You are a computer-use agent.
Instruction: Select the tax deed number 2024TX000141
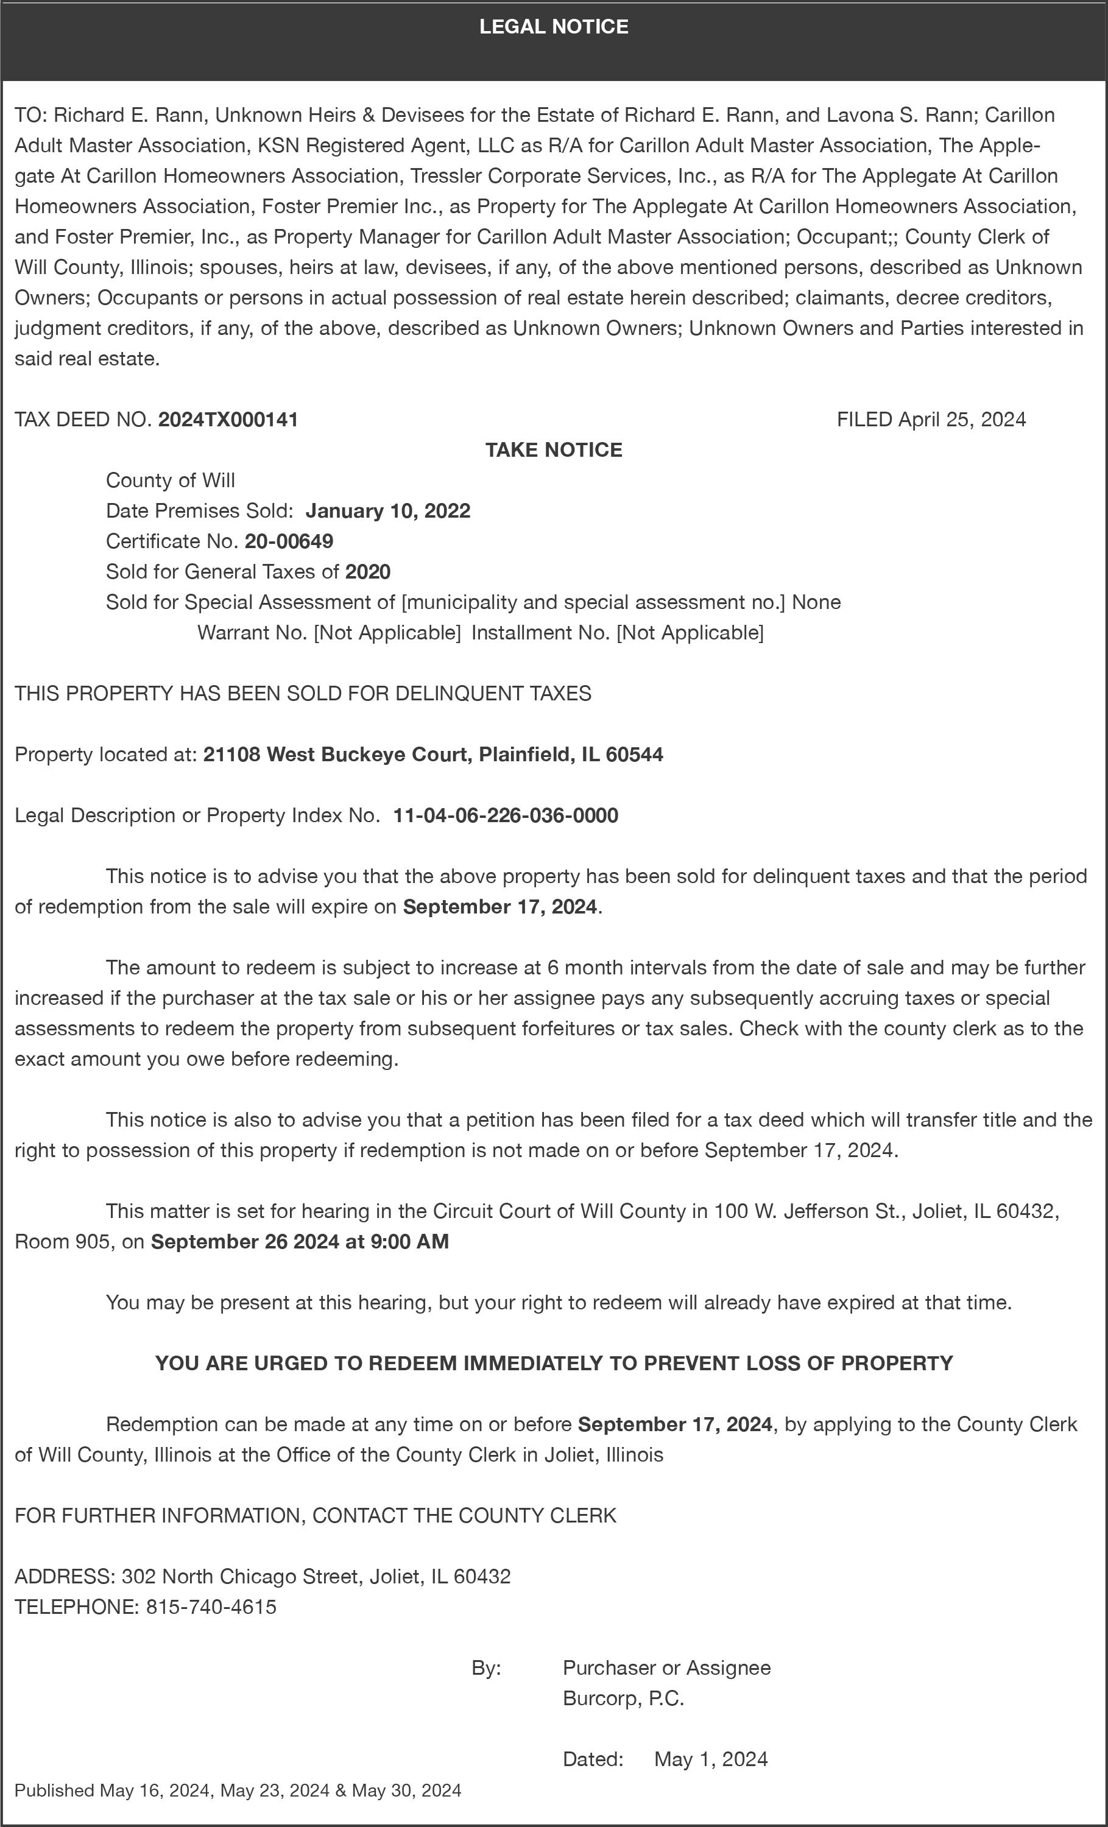click(228, 420)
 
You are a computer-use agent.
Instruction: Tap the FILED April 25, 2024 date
click(931, 420)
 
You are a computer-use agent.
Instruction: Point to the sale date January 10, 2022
click(387, 511)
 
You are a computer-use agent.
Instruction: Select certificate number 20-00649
click(289, 541)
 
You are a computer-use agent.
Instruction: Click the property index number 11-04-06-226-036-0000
click(505, 815)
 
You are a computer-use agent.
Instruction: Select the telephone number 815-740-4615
click(211, 1607)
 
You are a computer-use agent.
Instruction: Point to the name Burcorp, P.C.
click(623, 1699)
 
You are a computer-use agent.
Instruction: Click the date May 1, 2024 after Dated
click(710, 1759)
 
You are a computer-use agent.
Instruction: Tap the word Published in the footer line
click(54, 1790)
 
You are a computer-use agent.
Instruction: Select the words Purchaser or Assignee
click(666, 1668)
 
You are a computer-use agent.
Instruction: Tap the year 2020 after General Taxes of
click(368, 572)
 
